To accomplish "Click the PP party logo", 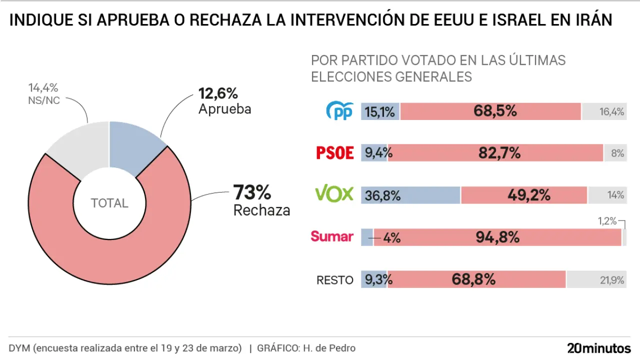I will [x=340, y=111].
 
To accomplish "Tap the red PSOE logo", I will [x=335, y=153].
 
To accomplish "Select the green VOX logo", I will [x=334, y=194].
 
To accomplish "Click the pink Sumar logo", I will [x=332, y=236].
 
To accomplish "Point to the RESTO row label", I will [x=335, y=280].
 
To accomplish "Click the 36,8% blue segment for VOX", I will [x=410, y=195].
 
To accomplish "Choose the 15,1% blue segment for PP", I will [x=380, y=111].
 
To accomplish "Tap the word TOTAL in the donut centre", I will [x=109, y=203].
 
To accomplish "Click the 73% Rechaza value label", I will [x=252, y=192].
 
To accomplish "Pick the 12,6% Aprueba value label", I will [x=218, y=93].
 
